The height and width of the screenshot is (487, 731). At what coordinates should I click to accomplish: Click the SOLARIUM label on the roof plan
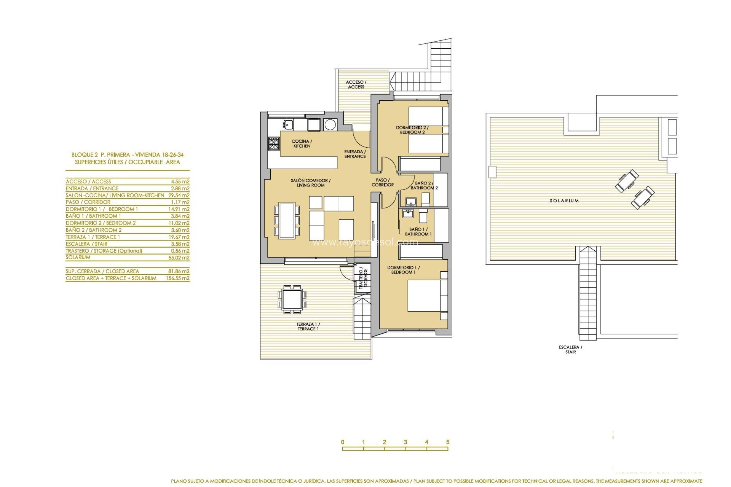[564, 201]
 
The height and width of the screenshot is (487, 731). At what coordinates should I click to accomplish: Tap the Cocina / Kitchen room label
[302, 143]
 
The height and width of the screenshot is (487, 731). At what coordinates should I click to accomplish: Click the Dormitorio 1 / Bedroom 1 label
[403, 270]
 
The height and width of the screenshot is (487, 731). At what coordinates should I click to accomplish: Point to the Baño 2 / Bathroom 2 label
[424, 185]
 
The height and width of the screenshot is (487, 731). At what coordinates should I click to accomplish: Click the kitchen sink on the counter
[288, 124]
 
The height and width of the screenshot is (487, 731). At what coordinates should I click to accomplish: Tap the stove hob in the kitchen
[274, 143]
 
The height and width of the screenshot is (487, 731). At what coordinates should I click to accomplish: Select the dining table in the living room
[287, 221]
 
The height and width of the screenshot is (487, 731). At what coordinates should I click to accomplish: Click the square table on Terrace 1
[292, 299]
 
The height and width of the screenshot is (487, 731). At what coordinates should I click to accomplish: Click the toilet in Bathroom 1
[423, 216]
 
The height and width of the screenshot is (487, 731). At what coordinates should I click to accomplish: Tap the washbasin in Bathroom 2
[410, 202]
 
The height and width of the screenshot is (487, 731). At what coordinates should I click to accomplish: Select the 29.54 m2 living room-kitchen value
[179, 195]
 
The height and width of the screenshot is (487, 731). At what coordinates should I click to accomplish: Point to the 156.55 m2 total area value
[177, 278]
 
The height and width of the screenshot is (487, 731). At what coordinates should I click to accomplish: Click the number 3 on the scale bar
[405, 442]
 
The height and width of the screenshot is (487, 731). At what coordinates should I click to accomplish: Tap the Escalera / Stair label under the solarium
[570, 349]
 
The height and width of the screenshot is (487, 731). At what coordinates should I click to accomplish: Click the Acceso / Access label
[356, 84]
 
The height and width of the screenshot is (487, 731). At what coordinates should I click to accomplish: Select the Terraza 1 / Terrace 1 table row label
[93, 237]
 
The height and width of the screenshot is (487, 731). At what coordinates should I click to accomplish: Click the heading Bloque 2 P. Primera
[127, 155]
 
